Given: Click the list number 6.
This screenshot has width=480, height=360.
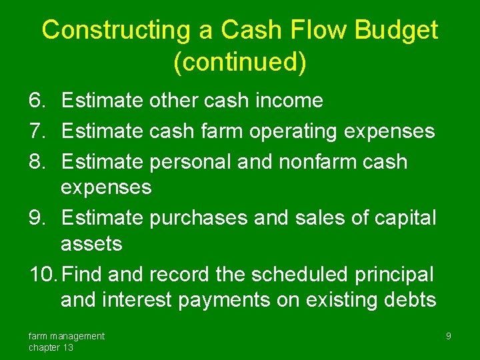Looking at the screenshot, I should pyautogui.click(x=37, y=101).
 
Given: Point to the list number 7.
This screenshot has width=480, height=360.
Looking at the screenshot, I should pyautogui.click(x=37, y=131).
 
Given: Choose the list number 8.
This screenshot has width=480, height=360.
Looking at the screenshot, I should pyautogui.click(x=37, y=162).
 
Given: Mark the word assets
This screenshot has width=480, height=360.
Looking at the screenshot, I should pyautogui.click(x=91, y=244).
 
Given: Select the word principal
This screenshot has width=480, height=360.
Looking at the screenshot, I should pyautogui.click(x=396, y=275).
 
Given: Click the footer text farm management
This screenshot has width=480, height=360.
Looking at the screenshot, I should pyautogui.click(x=66, y=336).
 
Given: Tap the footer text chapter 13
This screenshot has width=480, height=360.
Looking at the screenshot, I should pyautogui.click(x=51, y=347).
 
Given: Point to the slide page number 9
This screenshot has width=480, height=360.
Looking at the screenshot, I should pyautogui.click(x=448, y=336).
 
